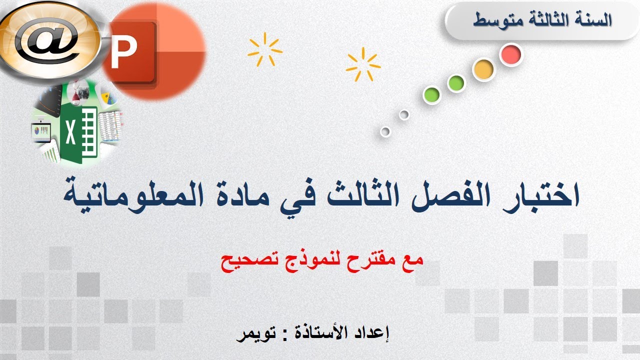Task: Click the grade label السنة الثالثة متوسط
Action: click(x=542, y=21)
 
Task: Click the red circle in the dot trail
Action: click(x=510, y=54)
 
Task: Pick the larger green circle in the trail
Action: click(x=456, y=83)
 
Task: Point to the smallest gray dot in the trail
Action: click(x=385, y=132)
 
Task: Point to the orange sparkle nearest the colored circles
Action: click(x=363, y=64)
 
